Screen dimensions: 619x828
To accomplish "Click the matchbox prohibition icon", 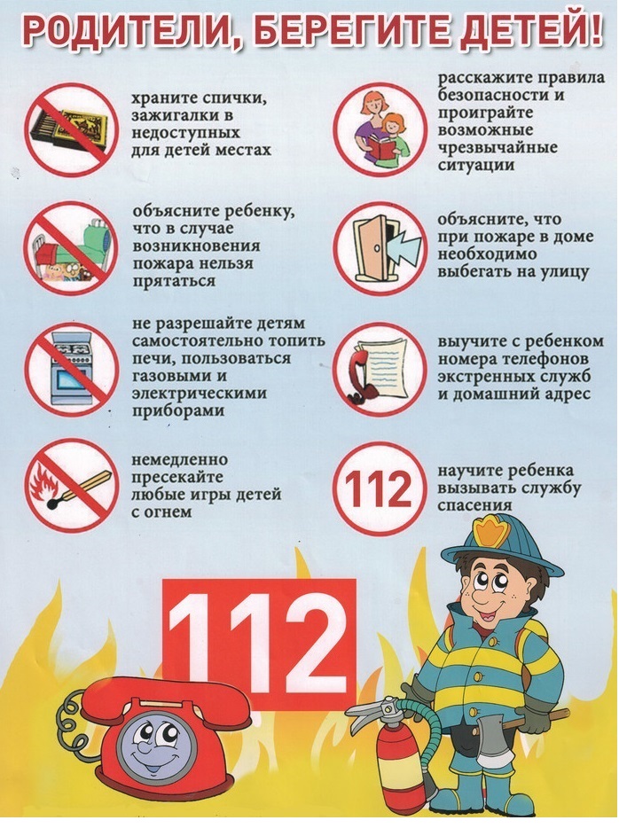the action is point(70,129).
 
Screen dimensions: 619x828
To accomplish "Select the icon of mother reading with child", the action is point(380,129).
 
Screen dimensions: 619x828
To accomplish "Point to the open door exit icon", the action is point(380,248).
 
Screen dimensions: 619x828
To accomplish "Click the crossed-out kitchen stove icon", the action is point(71,369).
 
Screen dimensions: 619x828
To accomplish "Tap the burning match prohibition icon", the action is point(71,485).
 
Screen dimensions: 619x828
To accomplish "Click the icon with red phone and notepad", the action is point(380,369).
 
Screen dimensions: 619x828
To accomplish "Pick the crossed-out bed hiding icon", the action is point(70,249).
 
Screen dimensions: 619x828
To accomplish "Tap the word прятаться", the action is point(174,281).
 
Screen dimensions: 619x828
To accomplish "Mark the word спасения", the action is point(474,505).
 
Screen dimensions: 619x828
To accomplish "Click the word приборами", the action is point(178,410).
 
